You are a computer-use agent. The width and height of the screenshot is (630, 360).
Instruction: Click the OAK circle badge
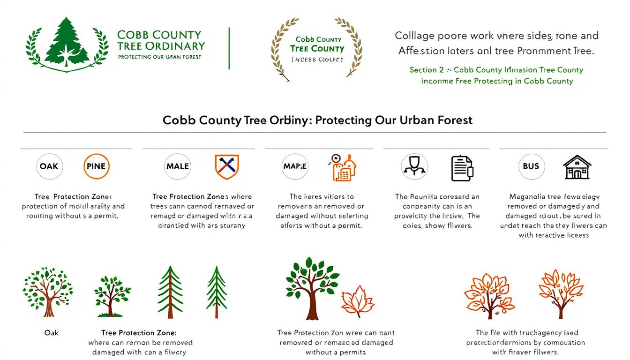49,166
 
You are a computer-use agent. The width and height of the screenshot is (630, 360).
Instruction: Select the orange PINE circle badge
96,166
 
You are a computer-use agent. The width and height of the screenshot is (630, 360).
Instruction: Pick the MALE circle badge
178,166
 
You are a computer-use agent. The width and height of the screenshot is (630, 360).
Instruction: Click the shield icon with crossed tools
227,166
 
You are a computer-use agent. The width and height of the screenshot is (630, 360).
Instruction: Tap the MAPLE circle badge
295,166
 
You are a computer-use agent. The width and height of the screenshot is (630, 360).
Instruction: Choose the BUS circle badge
531,166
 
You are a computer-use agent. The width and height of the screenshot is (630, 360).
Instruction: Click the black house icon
577,167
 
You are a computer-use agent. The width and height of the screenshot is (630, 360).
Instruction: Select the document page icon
462,168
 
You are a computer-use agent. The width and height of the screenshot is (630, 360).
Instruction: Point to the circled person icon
414,166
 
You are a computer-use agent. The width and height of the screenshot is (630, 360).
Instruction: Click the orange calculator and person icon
343,167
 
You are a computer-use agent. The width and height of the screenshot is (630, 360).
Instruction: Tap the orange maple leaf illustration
357,301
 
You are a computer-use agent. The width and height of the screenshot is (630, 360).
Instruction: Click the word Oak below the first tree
52,333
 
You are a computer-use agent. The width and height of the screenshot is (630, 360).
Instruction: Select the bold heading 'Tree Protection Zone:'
139,333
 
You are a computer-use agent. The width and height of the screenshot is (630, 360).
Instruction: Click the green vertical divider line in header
229,48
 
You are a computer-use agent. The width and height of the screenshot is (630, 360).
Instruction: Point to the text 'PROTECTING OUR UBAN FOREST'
159,57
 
